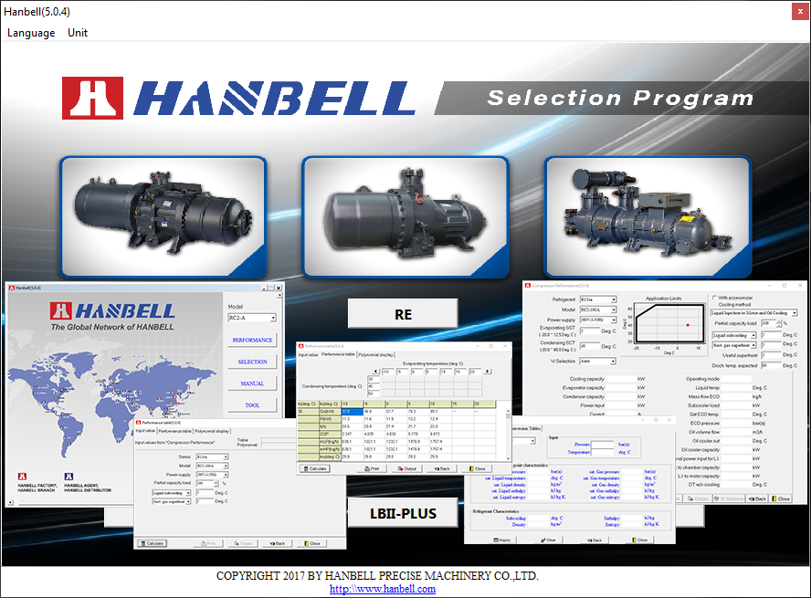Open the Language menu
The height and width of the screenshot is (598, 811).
31,32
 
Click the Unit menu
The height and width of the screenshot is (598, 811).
78,32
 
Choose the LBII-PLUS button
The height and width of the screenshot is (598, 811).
403,513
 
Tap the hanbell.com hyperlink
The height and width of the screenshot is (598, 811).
383,589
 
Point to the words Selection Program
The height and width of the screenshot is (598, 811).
606,98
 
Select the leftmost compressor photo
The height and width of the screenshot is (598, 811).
163,217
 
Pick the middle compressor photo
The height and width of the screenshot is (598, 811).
405,217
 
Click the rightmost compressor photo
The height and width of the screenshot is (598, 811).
647,217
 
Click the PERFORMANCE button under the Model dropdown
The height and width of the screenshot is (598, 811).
252,340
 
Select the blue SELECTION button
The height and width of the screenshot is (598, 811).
252,362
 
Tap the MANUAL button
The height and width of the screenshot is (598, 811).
252,383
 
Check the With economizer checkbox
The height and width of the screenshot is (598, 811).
714,298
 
